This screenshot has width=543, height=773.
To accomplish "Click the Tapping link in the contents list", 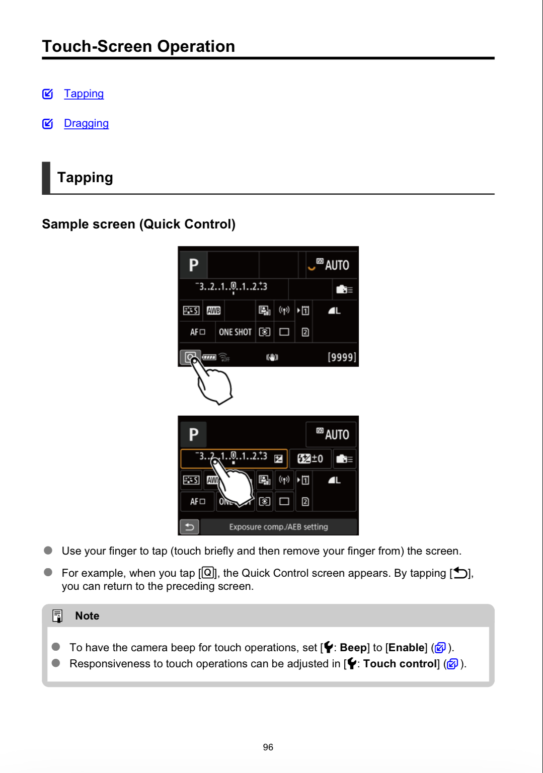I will [84, 94].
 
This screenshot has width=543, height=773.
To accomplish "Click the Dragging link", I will [86, 123].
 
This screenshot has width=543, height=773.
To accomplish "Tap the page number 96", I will [268, 747].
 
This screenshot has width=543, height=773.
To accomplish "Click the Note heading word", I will [87, 616].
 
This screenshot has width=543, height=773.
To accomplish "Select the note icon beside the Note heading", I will [58, 616].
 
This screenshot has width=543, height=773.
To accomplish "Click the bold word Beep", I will [353, 648].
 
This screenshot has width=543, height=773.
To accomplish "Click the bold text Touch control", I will [400, 664].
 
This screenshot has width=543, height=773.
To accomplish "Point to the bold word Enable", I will [406, 648].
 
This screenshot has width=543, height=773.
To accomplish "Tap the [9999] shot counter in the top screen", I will [342, 357].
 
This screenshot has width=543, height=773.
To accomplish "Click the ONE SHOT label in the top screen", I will [235, 332].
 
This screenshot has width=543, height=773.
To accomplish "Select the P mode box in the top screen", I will [193, 265].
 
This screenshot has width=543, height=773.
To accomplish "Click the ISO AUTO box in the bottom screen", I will [332, 434].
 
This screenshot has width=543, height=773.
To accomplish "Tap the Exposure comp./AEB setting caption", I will [278, 527].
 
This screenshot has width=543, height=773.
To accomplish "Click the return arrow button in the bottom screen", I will [190, 527].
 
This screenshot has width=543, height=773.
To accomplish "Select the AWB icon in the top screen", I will [214, 311].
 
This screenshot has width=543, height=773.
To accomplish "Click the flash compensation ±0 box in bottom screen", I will [310, 458].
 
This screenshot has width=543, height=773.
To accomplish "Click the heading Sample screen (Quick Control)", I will [138, 224].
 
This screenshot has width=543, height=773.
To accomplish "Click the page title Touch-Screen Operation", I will [138, 46].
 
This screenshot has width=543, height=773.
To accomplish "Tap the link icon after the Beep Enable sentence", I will [440, 648].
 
